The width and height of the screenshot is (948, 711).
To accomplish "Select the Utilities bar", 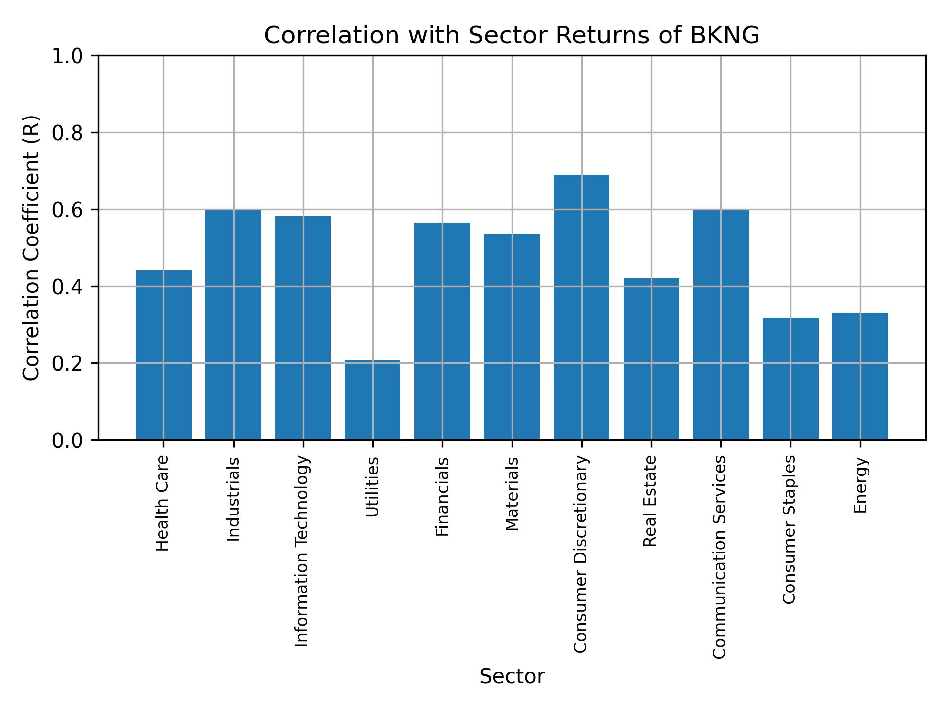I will pyautogui.click(x=372, y=400).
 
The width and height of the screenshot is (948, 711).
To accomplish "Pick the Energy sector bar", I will pyautogui.click(x=860, y=376).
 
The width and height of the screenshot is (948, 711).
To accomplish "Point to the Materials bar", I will pyautogui.click(x=512, y=336).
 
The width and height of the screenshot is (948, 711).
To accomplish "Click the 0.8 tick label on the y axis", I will pyautogui.click(x=68, y=133).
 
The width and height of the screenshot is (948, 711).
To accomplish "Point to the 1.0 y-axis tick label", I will pyautogui.click(x=68, y=56).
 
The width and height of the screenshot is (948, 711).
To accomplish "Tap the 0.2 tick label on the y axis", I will pyautogui.click(x=68, y=363).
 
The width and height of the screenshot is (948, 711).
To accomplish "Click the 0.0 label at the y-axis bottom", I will pyautogui.click(x=68, y=440).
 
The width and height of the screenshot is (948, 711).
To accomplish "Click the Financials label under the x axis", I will pyautogui.click(x=442, y=496).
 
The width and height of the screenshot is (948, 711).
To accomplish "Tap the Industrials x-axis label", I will pyautogui.click(x=233, y=499).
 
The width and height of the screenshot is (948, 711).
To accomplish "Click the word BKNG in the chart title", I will pyautogui.click(x=724, y=36).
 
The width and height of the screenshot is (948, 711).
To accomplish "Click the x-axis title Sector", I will pyautogui.click(x=512, y=676).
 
